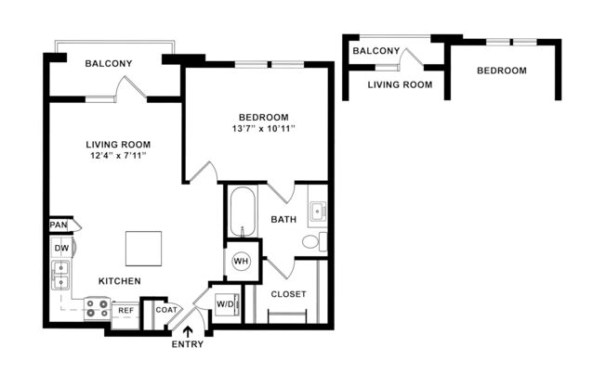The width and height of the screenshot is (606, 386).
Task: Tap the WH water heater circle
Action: pyautogui.click(x=240, y=261)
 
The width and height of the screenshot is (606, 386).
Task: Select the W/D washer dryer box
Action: pyautogui.click(x=225, y=303)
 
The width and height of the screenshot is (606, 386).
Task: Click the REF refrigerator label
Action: pyautogui.click(x=125, y=310)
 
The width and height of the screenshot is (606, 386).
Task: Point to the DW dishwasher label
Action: pyautogui.click(x=61, y=249)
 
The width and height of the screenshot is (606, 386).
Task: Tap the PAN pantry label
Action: pyautogui.click(x=59, y=225)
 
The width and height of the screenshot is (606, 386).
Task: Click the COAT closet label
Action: pyautogui.click(x=166, y=311)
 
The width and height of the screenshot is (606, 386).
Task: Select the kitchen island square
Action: pyautogui.click(x=144, y=249)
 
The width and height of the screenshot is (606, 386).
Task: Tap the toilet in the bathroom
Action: pyautogui.click(x=312, y=242)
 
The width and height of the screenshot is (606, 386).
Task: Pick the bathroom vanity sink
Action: pyautogui.click(x=317, y=212)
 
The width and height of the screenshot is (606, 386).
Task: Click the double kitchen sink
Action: pyautogui.click(x=61, y=277)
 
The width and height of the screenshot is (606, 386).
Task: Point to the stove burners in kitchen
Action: pyautogui.click(x=96, y=308)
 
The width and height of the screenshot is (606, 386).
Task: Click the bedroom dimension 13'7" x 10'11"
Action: pyautogui.click(x=264, y=129)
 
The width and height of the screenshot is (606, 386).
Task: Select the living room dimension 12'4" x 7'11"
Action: pyautogui.click(x=118, y=157)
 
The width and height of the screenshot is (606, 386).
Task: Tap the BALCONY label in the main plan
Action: pyautogui.click(x=108, y=64)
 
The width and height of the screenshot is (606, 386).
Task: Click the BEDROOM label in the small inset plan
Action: pyautogui.click(x=501, y=71)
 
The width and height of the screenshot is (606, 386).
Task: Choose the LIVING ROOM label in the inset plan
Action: pyautogui.click(x=400, y=84)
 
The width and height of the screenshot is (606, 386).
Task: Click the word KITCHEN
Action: pyautogui.click(x=120, y=280)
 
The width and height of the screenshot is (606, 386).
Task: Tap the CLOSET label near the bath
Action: pyautogui.click(x=288, y=294)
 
